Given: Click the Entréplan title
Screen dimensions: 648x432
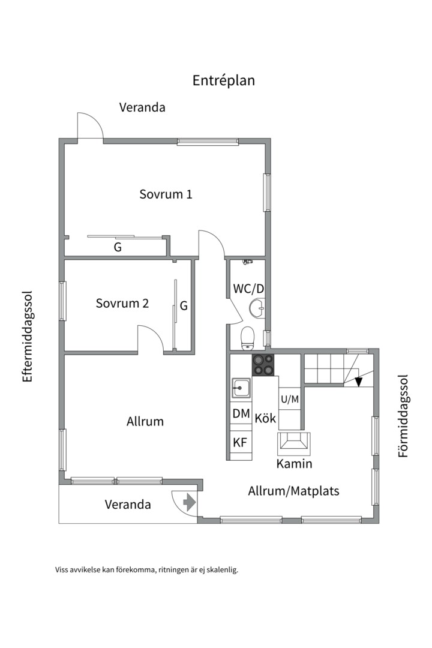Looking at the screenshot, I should [223, 80].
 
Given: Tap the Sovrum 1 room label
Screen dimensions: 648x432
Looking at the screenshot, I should [166, 194].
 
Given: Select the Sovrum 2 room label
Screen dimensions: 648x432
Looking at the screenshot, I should [122, 304].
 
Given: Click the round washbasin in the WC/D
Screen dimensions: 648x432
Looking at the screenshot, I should [257, 308].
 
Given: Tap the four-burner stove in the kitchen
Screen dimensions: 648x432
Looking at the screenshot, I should [263, 365].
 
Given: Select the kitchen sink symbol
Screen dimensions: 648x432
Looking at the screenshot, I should [241, 388].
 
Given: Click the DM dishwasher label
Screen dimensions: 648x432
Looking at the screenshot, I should [241, 413].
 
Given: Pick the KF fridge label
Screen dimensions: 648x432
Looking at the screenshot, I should [240, 443].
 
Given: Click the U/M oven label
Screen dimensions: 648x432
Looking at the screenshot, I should [289, 398].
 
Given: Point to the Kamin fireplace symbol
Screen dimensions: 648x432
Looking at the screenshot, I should [294, 443].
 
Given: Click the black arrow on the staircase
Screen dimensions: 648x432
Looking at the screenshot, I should [359, 381].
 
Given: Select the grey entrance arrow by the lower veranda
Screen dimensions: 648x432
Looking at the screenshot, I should [189, 502].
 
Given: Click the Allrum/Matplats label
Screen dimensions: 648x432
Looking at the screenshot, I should [293, 491].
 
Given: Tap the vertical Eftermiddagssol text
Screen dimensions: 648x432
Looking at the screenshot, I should [28, 337].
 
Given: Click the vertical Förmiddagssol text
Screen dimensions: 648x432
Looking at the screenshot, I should [403, 416].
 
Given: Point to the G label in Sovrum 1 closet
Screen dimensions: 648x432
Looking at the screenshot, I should [118, 247].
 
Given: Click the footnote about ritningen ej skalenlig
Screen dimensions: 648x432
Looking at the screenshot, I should [146, 570].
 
